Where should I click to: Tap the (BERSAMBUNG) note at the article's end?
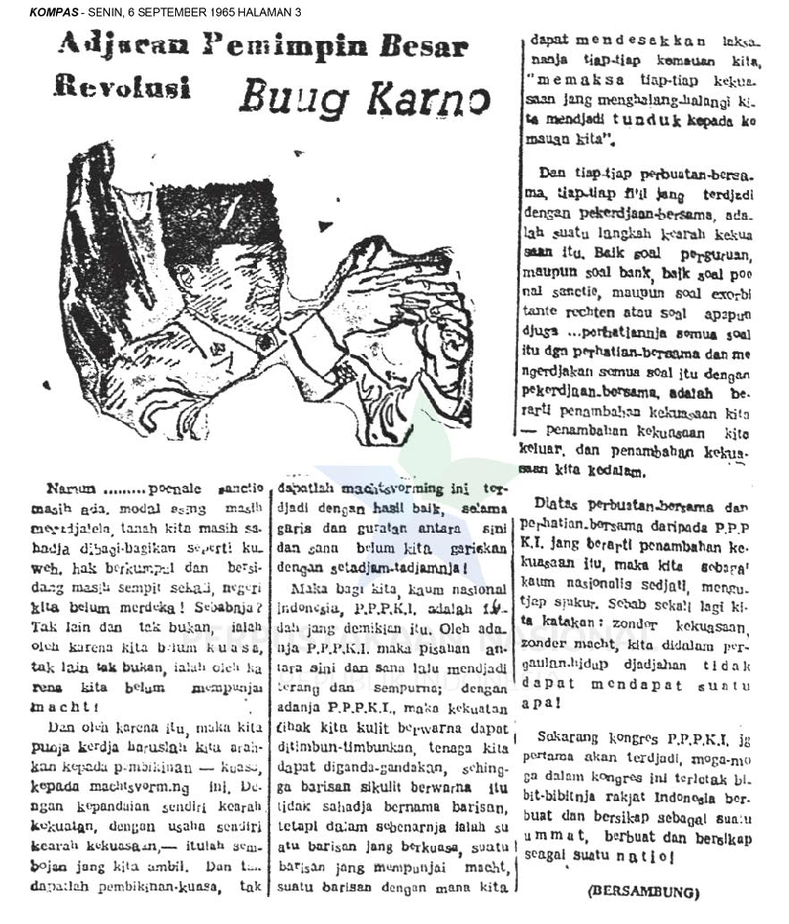tap(644, 891)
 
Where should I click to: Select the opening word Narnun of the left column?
tap(68, 489)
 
